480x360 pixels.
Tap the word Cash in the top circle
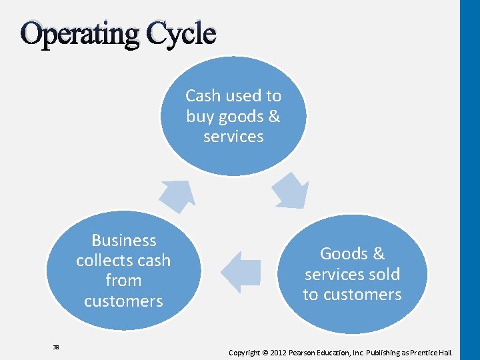pos(202,96)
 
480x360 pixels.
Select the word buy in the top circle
pos(199,117)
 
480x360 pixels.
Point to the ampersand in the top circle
pos(274,117)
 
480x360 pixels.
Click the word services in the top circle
pos(233,137)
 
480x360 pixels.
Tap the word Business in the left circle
pos(123,241)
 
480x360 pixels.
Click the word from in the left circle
pos(123,281)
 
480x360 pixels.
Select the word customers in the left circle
pos(123,301)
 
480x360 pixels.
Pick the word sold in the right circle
pos(383,274)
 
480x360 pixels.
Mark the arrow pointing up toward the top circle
pos(177,195)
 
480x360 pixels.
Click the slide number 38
pos(56,347)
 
